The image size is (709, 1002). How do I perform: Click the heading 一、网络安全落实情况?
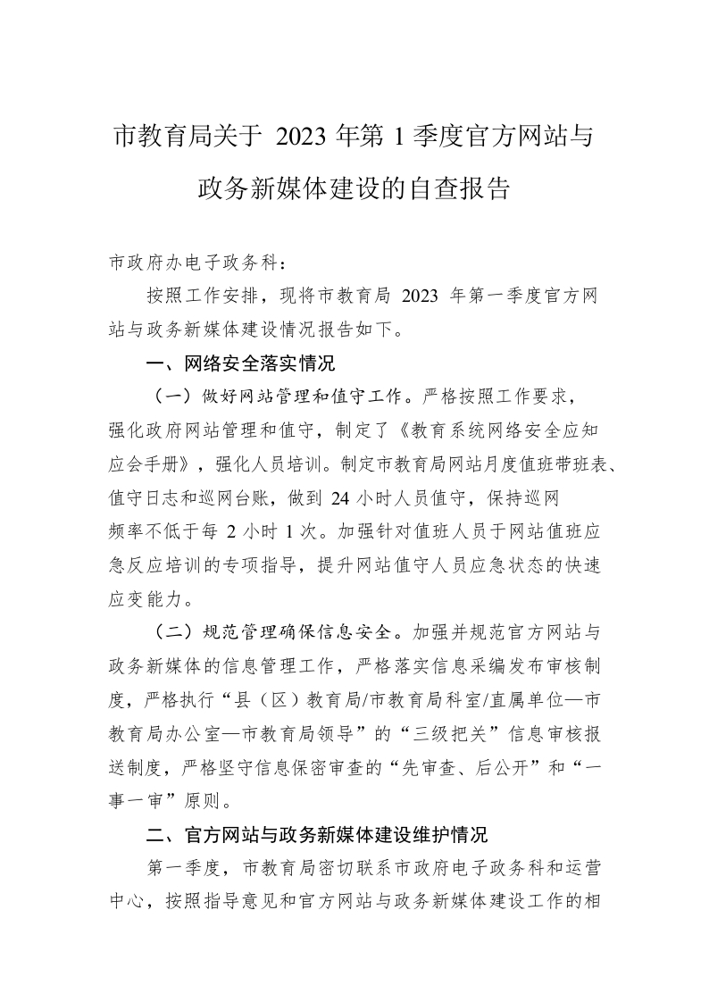pos(239,363)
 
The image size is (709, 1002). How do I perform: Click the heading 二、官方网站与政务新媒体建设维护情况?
pos(317,836)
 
